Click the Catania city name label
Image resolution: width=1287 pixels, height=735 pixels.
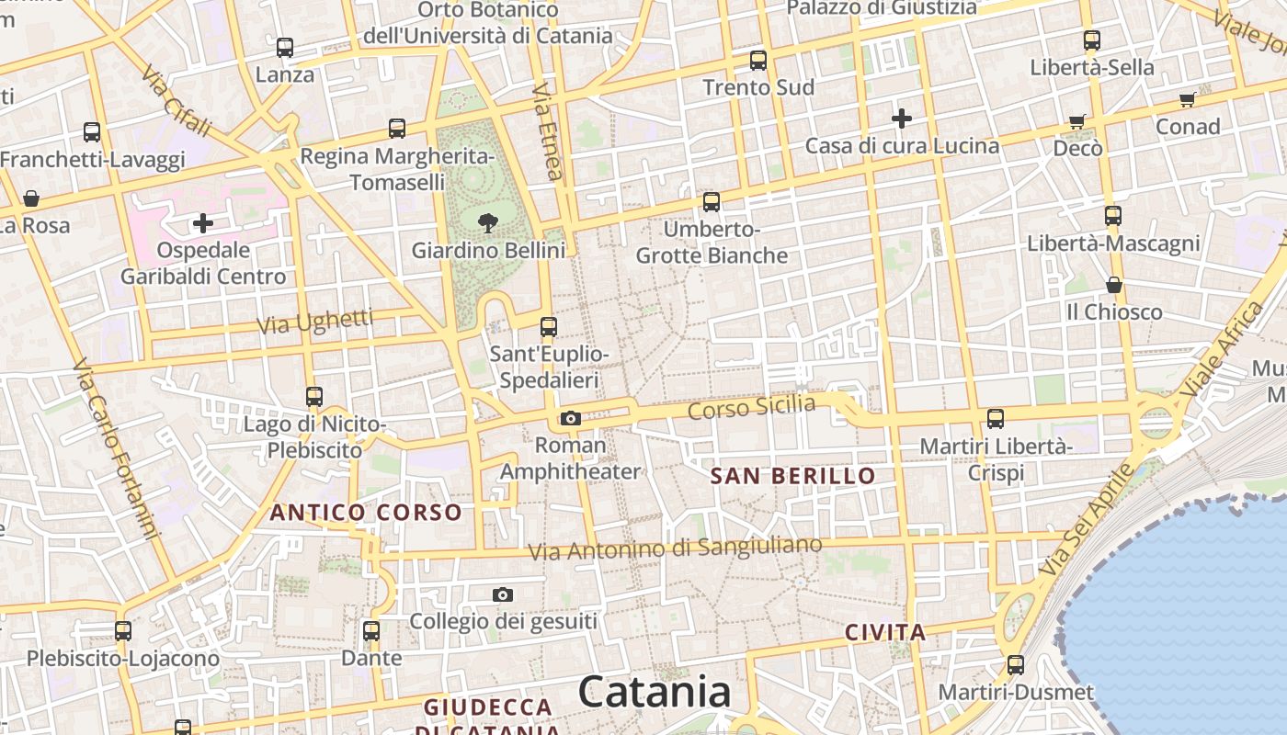(x=655, y=692)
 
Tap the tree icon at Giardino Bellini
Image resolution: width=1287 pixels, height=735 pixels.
(x=488, y=221)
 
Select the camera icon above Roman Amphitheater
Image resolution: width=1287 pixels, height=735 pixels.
(x=571, y=419)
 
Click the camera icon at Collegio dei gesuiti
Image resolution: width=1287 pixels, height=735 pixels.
(x=502, y=595)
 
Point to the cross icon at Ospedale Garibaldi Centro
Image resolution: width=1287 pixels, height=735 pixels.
(x=203, y=222)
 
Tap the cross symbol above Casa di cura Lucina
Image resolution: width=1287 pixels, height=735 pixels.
(x=901, y=118)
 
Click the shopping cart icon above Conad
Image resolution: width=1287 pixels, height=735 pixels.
(x=1187, y=99)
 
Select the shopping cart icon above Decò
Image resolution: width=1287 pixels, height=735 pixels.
(x=1077, y=121)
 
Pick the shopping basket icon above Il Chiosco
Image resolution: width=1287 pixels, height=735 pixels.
(x=1114, y=285)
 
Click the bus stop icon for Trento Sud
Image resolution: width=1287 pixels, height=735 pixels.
(x=758, y=61)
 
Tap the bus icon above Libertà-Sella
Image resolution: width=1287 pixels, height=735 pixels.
(x=1092, y=40)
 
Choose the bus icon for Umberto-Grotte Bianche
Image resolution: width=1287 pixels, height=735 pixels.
(x=712, y=202)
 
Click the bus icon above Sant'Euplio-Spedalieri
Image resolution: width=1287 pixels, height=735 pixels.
(x=549, y=326)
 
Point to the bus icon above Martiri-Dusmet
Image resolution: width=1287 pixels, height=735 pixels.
(x=1016, y=665)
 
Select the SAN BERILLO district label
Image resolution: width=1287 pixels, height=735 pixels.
(x=793, y=476)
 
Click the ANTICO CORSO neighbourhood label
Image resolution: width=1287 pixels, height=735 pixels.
(x=366, y=513)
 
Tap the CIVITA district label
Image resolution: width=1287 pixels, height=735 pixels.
(x=884, y=632)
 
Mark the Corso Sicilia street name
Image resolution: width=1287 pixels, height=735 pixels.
(x=751, y=406)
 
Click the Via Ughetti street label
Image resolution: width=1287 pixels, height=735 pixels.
(x=314, y=322)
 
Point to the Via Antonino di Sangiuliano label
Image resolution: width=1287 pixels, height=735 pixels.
(x=675, y=548)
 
